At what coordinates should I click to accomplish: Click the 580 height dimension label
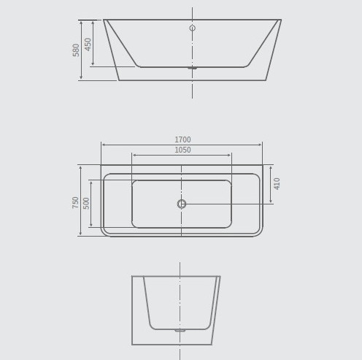click(77, 50)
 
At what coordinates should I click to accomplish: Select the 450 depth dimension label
click(88, 44)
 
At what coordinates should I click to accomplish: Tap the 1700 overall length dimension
click(182, 139)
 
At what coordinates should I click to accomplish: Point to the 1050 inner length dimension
click(182, 150)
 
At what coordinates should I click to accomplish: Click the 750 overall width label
click(76, 202)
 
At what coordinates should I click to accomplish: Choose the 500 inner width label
click(86, 203)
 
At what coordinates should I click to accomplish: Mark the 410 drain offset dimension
click(277, 183)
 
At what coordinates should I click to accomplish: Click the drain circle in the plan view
click(182, 204)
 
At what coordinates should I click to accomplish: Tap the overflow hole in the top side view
click(192, 28)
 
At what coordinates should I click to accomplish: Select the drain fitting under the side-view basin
click(192, 68)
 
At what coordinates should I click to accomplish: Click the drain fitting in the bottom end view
click(180, 330)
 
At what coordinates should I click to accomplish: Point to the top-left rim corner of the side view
click(104, 20)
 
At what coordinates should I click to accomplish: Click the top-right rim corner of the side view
click(280, 20)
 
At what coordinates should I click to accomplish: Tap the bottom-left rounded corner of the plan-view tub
click(105, 232)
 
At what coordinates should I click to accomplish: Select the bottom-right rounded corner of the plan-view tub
click(258, 232)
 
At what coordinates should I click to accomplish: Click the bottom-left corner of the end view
click(132, 344)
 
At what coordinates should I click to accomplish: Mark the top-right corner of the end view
click(220, 277)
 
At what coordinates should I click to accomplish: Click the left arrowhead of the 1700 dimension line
click(103, 145)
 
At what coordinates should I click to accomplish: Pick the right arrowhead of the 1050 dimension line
click(230, 155)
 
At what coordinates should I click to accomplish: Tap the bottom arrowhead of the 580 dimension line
click(81, 78)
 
